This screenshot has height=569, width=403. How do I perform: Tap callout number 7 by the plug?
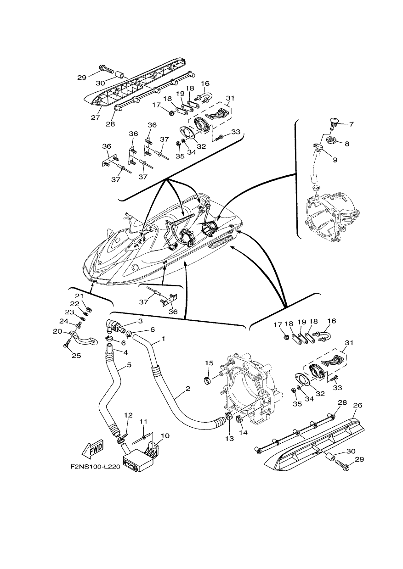[x=351, y=124]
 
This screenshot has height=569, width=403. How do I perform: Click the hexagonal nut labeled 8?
[x=331, y=139]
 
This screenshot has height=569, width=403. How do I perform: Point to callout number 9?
[x=335, y=160]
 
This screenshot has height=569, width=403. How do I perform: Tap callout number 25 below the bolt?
[x=76, y=355]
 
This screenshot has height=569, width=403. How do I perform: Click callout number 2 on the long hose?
[x=188, y=396]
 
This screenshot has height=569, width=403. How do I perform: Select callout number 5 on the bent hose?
[x=129, y=365]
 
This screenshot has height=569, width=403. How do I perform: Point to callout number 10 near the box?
[x=165, y=436]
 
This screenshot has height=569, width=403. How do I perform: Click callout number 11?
[x=144, y=422]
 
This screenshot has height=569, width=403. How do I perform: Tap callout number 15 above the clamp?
[x=209, y=363]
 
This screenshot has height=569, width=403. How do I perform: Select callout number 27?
[x=95, y=118]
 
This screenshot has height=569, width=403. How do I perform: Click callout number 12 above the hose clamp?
[x=129, y=415]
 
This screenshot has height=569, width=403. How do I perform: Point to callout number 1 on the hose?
[x=163, y=338]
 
